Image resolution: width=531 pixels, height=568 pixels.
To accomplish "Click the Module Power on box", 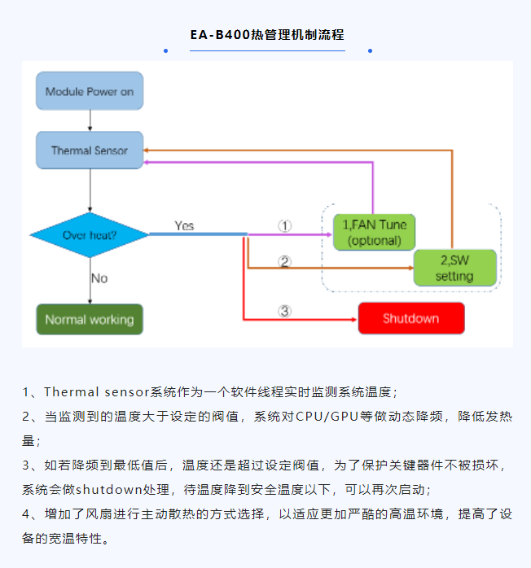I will pos(90,92).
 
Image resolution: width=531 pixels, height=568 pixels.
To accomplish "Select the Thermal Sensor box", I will pos(90,151).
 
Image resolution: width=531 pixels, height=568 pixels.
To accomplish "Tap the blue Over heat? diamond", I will pos(90,235).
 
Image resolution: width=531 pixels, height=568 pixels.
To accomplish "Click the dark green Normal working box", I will pos(90,319).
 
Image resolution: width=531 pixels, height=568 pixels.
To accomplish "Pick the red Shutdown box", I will pos(411,318).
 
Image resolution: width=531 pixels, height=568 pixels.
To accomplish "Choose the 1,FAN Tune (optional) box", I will pos(375,232).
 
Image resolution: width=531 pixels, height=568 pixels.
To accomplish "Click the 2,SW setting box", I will pos(454,268).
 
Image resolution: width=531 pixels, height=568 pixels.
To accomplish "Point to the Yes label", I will pos(184,225).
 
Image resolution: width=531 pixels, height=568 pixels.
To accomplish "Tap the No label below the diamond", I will pos(99,278).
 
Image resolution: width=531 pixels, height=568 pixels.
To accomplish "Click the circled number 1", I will pos(285,225).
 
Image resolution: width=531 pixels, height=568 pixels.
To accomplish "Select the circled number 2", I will pos(284,261).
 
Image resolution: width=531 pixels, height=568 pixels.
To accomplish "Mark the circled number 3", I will pos(284,310).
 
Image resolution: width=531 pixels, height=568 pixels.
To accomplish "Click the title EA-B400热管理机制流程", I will pos(267,35).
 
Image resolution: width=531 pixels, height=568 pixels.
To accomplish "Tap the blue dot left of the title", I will pos(165,50).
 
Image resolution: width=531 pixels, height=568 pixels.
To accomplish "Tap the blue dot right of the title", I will pos(370,50).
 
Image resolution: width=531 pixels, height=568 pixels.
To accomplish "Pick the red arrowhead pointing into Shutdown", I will pos(353,318).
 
